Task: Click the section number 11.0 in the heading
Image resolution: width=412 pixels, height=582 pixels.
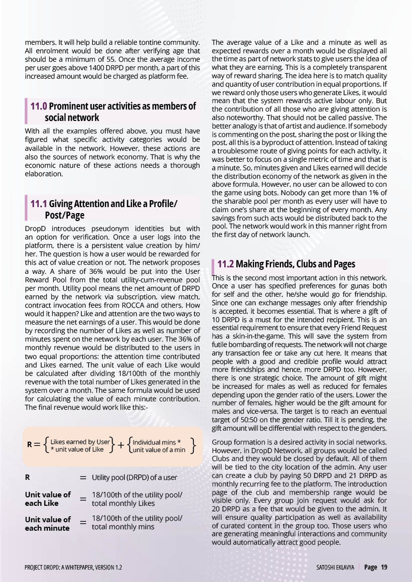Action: [38, 106]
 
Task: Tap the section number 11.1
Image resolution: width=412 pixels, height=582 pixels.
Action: [38, 204]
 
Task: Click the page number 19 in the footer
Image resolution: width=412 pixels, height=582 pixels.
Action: [384, 567]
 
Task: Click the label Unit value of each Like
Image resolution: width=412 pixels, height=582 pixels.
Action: [47, 498]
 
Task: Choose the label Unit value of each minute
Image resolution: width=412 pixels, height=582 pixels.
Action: [47, 523]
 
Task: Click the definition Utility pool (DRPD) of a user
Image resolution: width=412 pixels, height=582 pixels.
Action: [135, 477]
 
